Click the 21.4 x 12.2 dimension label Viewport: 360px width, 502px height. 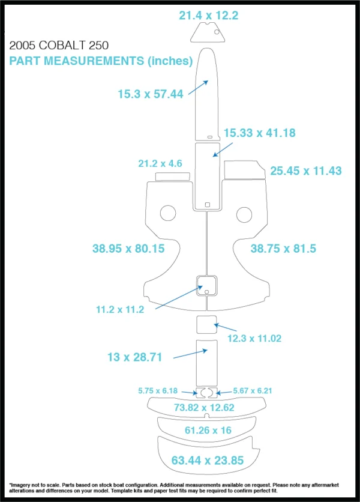click(x=209, y=16)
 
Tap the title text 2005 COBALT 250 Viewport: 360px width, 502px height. click(x=59, y=46)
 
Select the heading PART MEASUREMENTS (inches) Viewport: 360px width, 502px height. click(x=101, y=61)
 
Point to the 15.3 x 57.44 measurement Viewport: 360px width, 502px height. click(x=151, y=94)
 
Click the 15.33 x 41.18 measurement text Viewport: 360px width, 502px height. click(x=260, y=133)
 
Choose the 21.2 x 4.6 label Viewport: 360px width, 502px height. click(x=160, y=163)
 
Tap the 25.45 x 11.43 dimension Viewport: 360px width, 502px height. click(x=306, y=171)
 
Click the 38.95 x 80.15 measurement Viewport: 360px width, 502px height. click(x=128, y=249)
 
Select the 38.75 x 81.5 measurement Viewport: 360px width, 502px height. click(x=283, y=249)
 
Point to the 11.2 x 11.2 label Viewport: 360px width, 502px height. click(x=120, y=310)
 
